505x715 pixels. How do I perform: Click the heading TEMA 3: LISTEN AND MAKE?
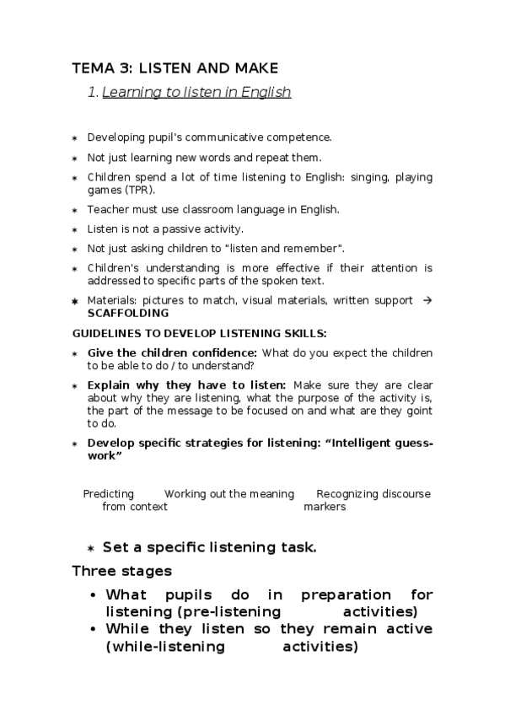tap(175, 67)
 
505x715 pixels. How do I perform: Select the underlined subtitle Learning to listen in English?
tap(196, 93)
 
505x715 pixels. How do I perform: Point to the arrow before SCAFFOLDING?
tap(427, 300)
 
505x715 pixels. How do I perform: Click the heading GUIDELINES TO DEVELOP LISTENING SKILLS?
tap(199, 333)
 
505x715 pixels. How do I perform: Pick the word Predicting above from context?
tap(109, 494)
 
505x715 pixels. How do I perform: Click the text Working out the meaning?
tap(229, 494)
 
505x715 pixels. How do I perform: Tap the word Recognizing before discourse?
tap(347, 494)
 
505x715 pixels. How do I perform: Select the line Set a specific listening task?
tap(209, 547)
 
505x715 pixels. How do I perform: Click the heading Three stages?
tap(122, 572)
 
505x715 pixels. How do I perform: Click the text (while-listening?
tap(165, 648)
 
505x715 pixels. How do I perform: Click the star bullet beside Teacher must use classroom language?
tap(75, 210)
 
